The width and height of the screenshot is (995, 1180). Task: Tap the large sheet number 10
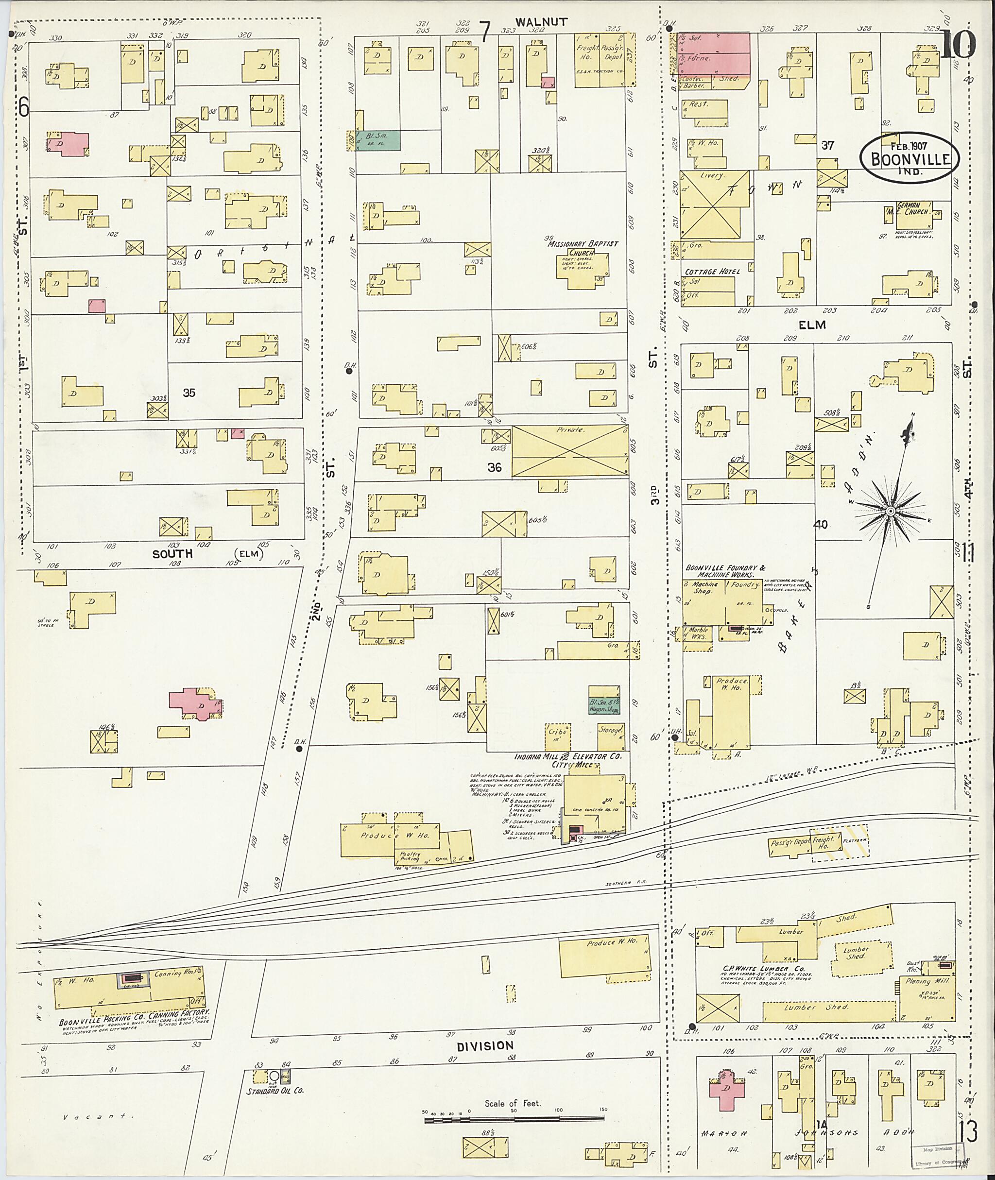tap(959, 45)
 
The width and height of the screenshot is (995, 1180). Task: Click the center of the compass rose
tap(890, 511)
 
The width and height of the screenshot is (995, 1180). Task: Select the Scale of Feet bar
tap(514, 1116)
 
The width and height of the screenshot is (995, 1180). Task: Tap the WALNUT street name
tap(533, 22)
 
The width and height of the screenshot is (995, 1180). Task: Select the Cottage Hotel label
tap(712, 271)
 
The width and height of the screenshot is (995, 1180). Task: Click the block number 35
tap(189, 393)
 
